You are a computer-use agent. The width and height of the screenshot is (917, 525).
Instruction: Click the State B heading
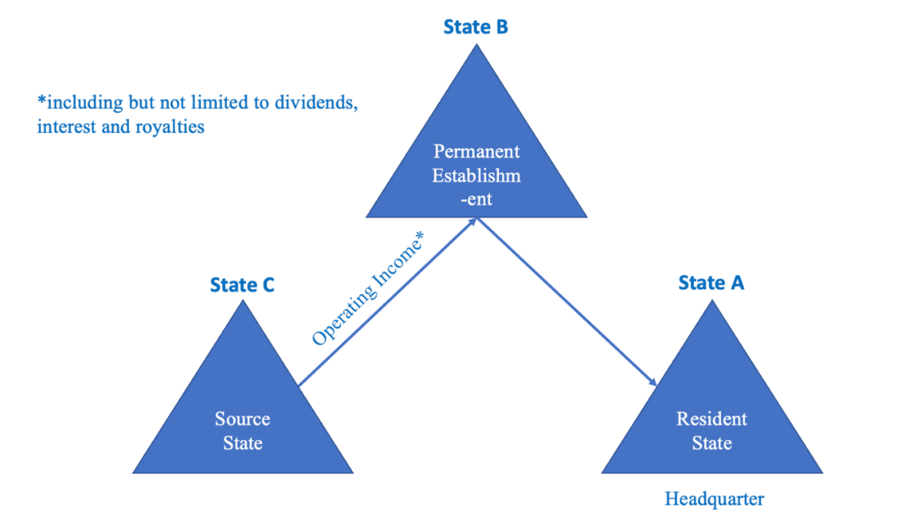pyautogui.click(x=476, y=27)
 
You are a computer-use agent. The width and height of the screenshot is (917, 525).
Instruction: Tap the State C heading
pyautogui.click(x=242, y=285)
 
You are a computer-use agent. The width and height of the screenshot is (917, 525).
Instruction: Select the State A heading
pyautogui.click(x=711, y=283)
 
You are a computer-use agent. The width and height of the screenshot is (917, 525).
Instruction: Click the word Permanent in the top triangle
pyautogui.click(x=477, y=151)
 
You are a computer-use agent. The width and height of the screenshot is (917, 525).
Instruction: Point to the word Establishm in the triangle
pyautogui.click(x=477, y=176)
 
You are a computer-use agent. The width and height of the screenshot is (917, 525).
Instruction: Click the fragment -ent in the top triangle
pyautogui.click(x=477, y=199)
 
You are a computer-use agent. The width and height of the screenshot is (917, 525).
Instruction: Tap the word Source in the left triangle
pyautogui.click(x=242, y=418)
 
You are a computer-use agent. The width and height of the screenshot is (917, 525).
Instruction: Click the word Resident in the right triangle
pyautogui.click(x=711, y=418)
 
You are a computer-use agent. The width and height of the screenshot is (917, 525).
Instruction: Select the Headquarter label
pyautogui.click(x=714, y=499)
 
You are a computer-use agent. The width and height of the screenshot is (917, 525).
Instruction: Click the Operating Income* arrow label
pyautogui.click(x=368, y=289)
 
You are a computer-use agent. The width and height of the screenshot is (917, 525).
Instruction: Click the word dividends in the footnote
pyautogui.click(x=316, y=103)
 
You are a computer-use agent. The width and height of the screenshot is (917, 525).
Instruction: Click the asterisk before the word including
pyautogui.click(x=41, y=100)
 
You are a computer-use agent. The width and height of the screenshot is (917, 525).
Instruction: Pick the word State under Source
pyautogui.click(x=242, y=443)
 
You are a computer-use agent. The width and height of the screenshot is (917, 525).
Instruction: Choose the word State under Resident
pyautogui.click(x=711, y=443)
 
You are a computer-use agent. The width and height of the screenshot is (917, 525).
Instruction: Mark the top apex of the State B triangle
pyautogui.click(x=476, y=44)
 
